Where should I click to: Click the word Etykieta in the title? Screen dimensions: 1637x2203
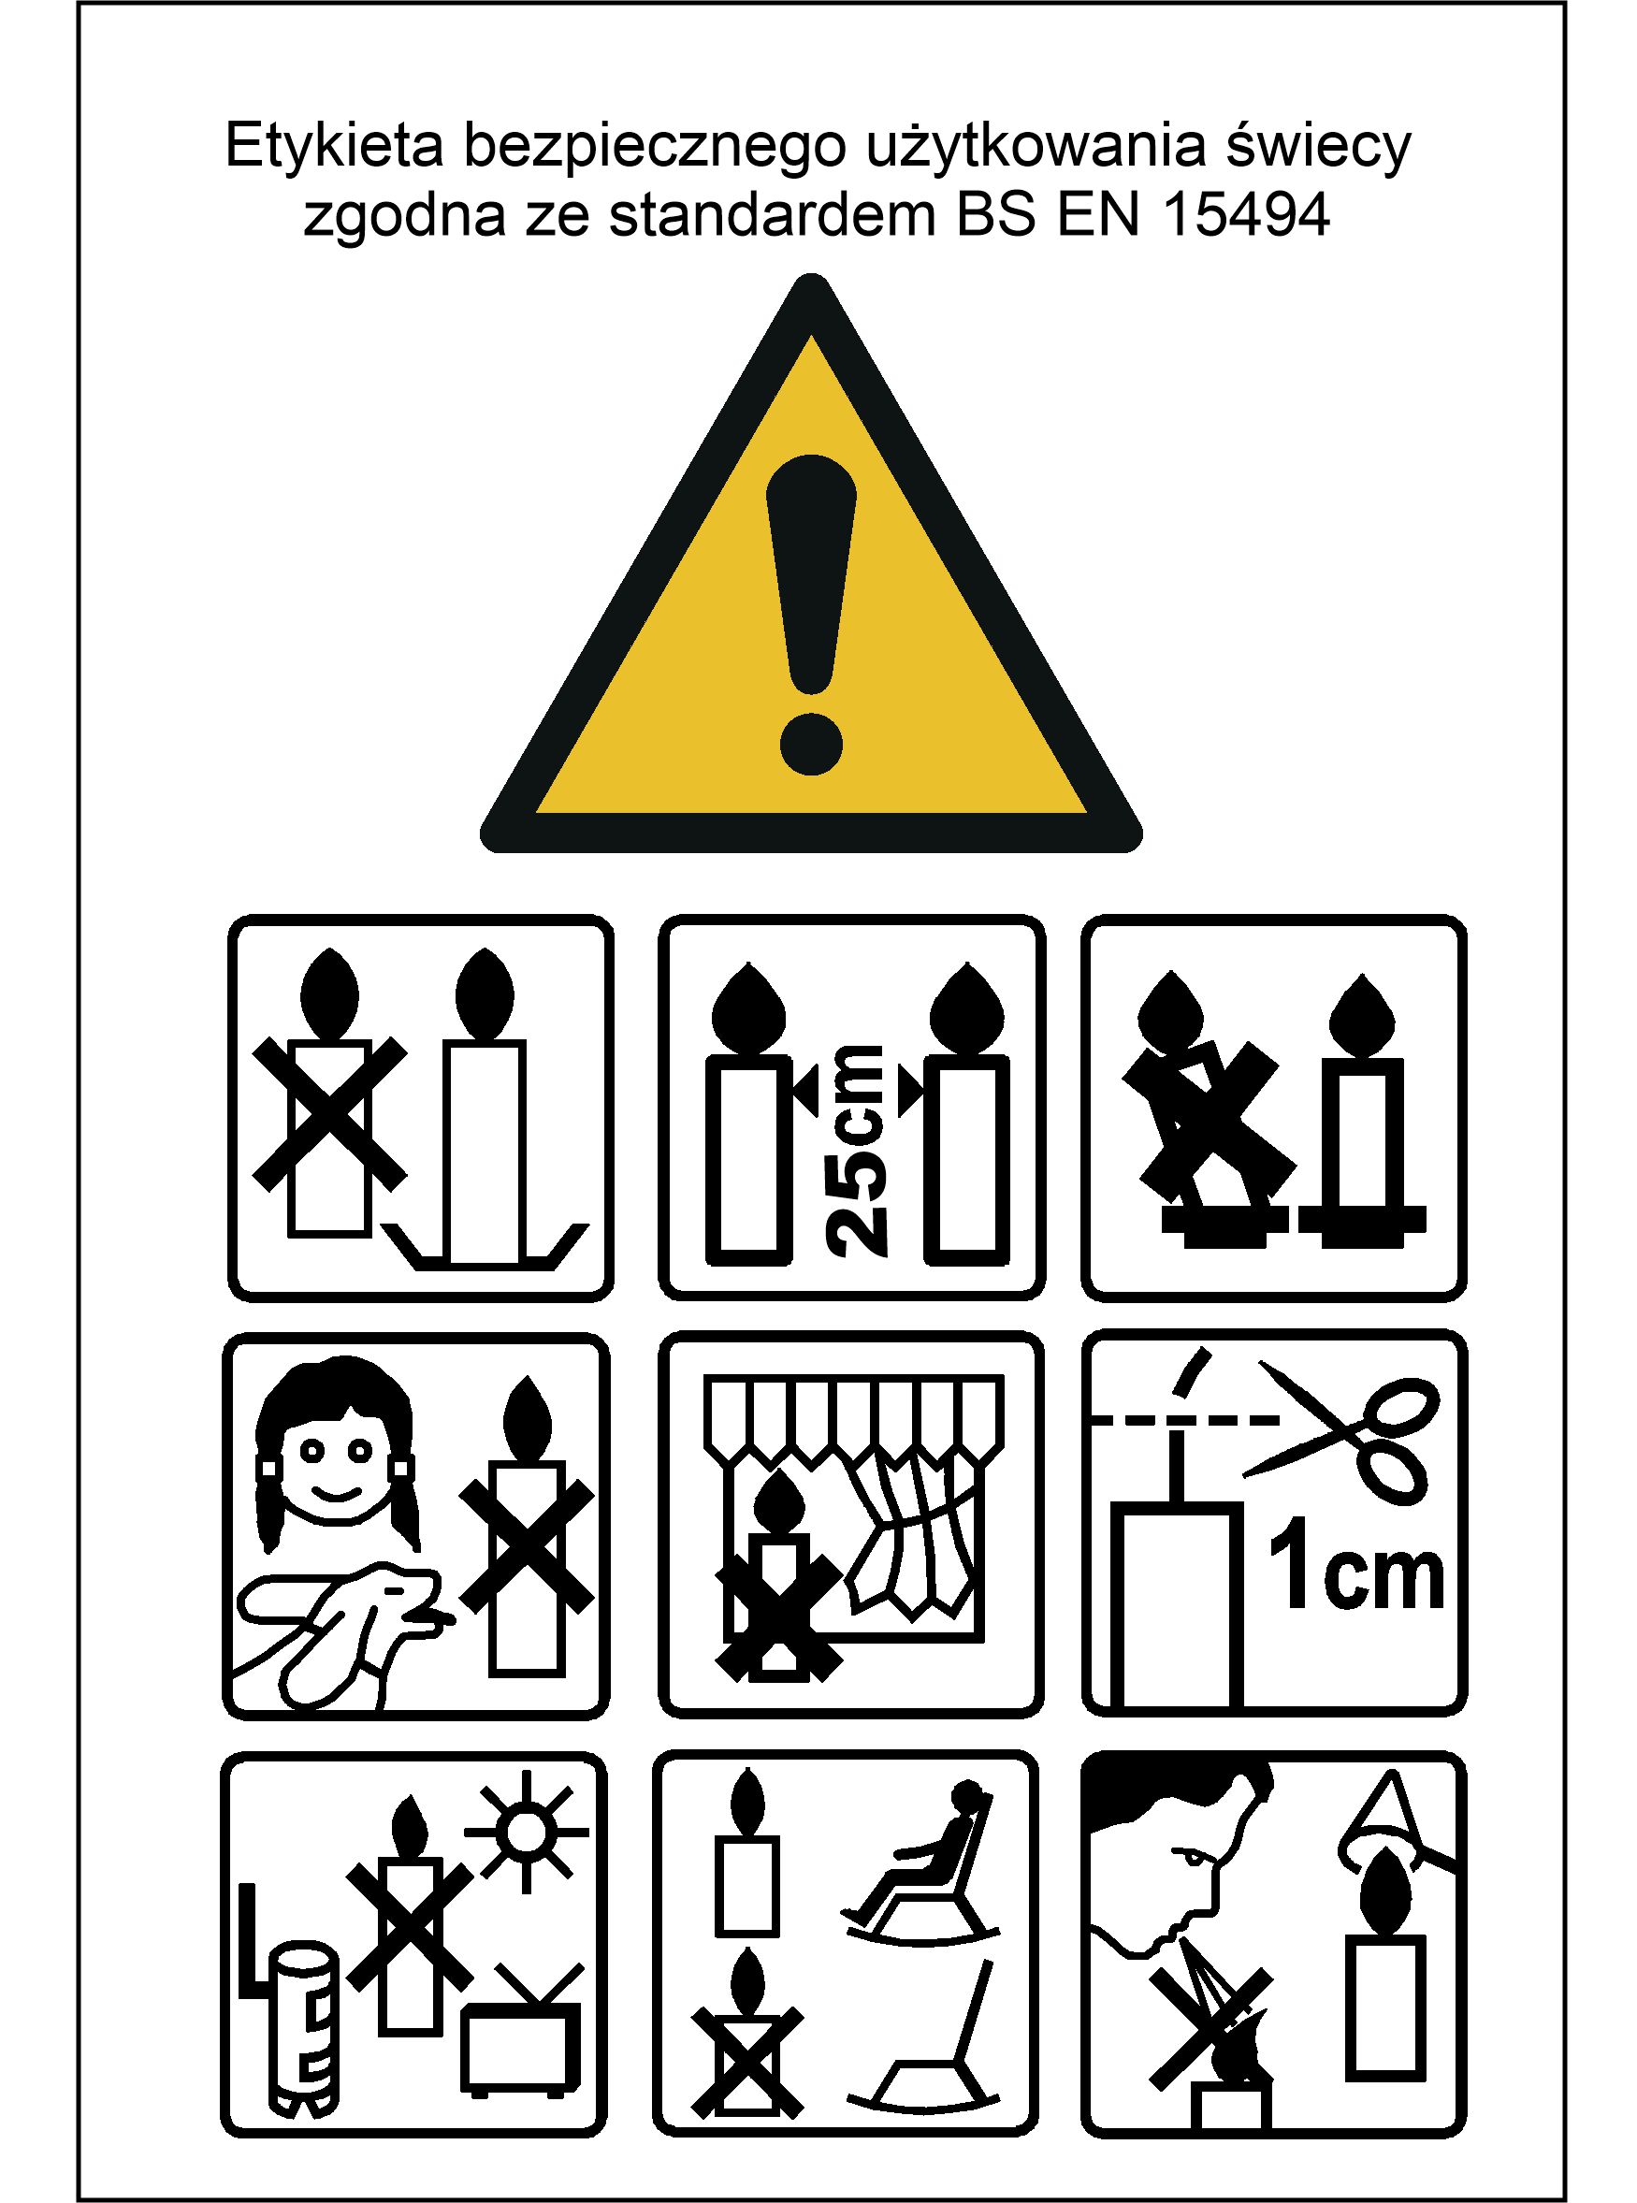pyautogui.click(x=334, y=146)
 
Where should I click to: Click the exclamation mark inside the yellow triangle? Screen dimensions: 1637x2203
pyautogui.click(x=811, y=614)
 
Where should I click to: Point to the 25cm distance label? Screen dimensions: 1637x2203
pyautogui.click(x=855, y=1151)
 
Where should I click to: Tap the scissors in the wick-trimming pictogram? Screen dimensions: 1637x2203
pyautogui.click(x=1342, y=1433)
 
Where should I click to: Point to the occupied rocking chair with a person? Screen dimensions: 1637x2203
pyautogui.click(x=922, y=1862)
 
